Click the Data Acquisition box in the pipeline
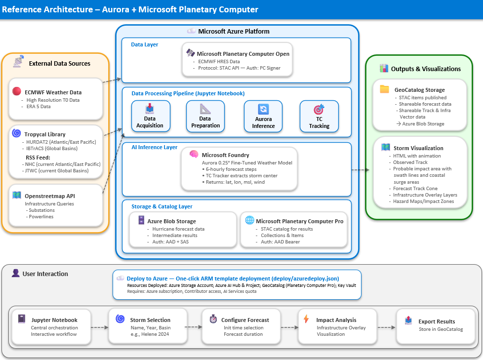(x=150, y=117)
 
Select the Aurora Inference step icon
(x=263, y=109)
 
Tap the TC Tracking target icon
(x=319, y=109)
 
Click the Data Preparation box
(x=205, y=117)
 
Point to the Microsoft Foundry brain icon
(x=194, y=155)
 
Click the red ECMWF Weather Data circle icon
(x=17, y=92)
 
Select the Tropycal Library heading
(x=45, y=134)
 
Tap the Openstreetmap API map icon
(x=17, y=196)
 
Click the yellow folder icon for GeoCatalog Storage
(x=384, y=89)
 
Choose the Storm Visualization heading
(x=418, y=148)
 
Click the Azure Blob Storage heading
(x=171, y=221)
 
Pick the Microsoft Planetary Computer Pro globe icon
(x=250, y=221)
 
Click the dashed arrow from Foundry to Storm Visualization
(x=360, y=170)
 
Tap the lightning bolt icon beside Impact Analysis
(x=306, y=319)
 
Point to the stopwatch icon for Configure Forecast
(x=213, y=320)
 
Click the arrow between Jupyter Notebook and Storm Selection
(x=100, y=326)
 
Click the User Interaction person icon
(x=15, y=273)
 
